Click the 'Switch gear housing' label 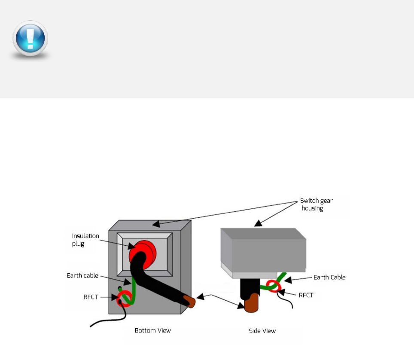(316, 204)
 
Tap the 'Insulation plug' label (85, 240)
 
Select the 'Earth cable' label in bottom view (82, 275)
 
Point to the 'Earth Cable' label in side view (329, 277)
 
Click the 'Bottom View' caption (152, 330)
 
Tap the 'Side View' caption (262, 331)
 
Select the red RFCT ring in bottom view (125, 297)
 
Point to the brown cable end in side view (251, 303)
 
